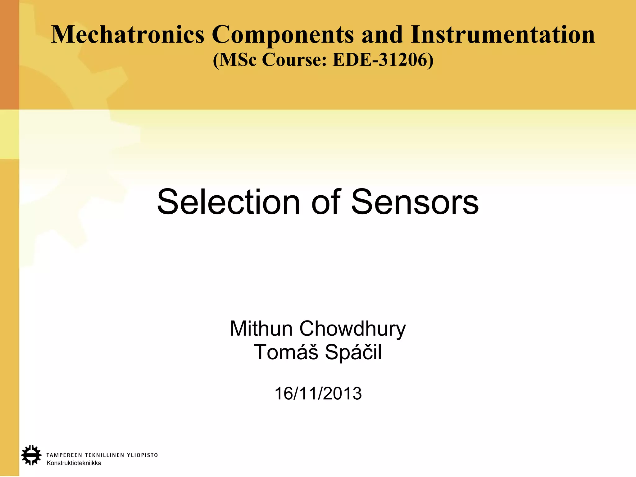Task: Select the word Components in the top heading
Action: [283, 35]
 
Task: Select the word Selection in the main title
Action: [229, 202]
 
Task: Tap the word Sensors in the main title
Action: [415, 202]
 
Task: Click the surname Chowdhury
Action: [352, 329]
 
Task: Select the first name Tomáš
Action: [286, 352]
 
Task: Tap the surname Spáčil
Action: [353, 352]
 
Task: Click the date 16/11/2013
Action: [318, 393]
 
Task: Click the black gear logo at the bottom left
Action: [31, 455]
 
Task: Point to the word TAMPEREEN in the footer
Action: [64, 455]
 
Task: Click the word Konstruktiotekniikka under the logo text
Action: [74, 463]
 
